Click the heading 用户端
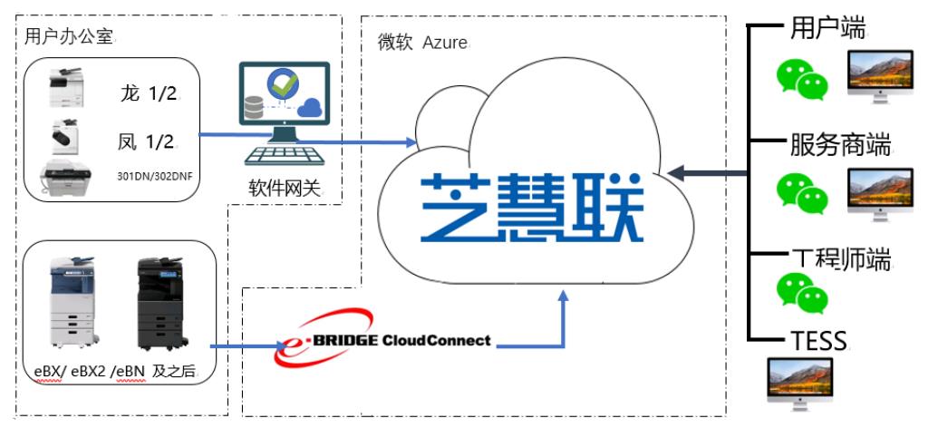[x=827, y=28]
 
